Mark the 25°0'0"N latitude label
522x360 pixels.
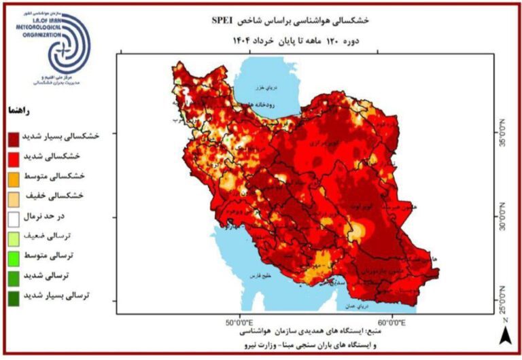pos(504,300)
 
